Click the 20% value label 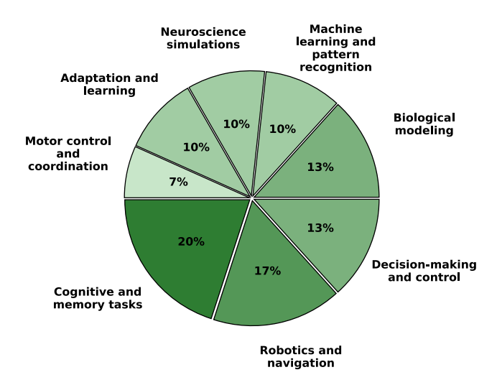click(191, 242)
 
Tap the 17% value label click(267, 271)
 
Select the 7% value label click(178, 182)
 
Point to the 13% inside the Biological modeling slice click(320, 167)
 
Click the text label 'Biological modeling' click(424, 124)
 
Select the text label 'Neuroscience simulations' click(203, 38)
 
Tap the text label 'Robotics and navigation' click(301, 356)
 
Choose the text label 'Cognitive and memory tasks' click(98, 298)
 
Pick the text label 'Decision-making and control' click(424, 271)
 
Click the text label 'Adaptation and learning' click(109, 84)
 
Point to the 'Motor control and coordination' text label click(68, 154)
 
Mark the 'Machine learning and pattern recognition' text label click(336, 48)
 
